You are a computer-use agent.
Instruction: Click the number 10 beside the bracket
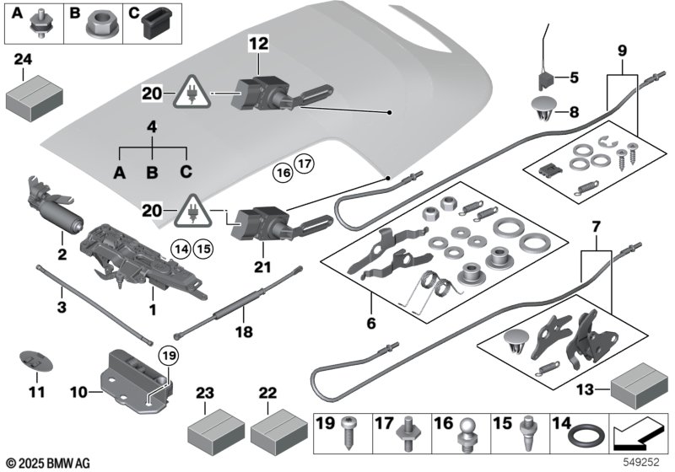pyautogui.click(x=79, y=393)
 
